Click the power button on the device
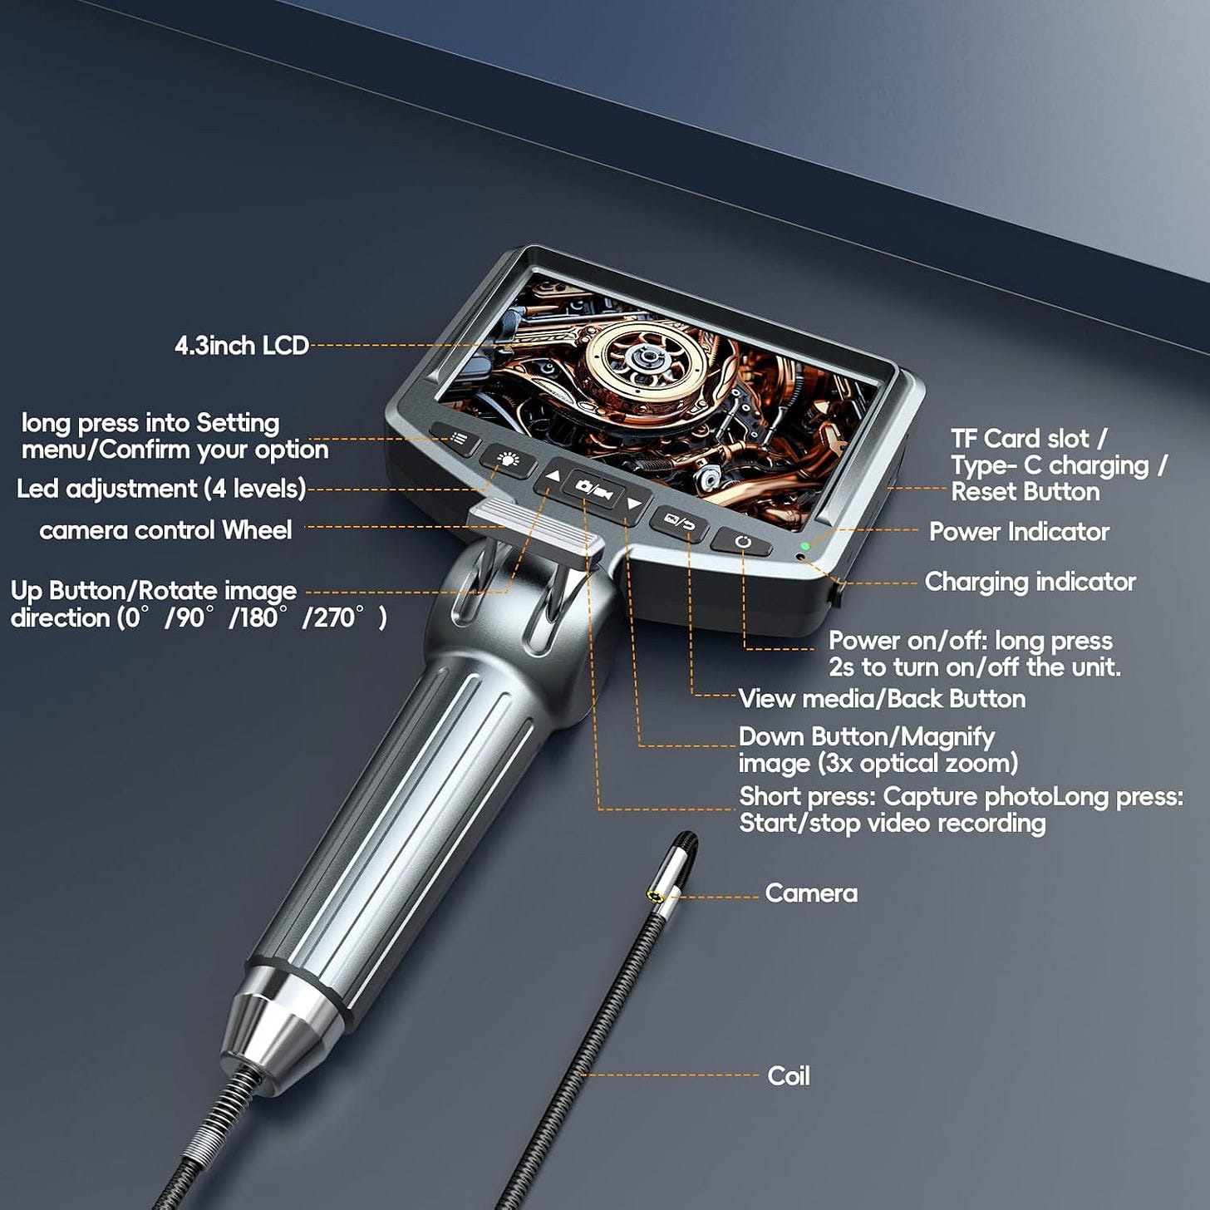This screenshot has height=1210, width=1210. coord(741,541)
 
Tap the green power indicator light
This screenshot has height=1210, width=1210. coord(805,546)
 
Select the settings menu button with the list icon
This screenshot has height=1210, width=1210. coord(455,438)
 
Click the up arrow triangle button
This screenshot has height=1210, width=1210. coord(552,476)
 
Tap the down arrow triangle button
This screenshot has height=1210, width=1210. coord(634,504)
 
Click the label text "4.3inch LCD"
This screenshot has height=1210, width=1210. coord(242,346)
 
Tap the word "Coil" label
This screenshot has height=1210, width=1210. coord(788,1075)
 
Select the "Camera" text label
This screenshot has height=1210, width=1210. coord(811,893)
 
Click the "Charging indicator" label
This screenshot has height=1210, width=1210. coord(1030,582)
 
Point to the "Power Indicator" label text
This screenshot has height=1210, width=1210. coord(1019,532)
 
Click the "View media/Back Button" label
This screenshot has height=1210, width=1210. coord(883,698)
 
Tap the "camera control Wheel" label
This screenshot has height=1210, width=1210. coord(165,530)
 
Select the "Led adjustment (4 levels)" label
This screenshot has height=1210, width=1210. coord(161,489)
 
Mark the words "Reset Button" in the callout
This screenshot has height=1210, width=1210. coord(1026,492)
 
